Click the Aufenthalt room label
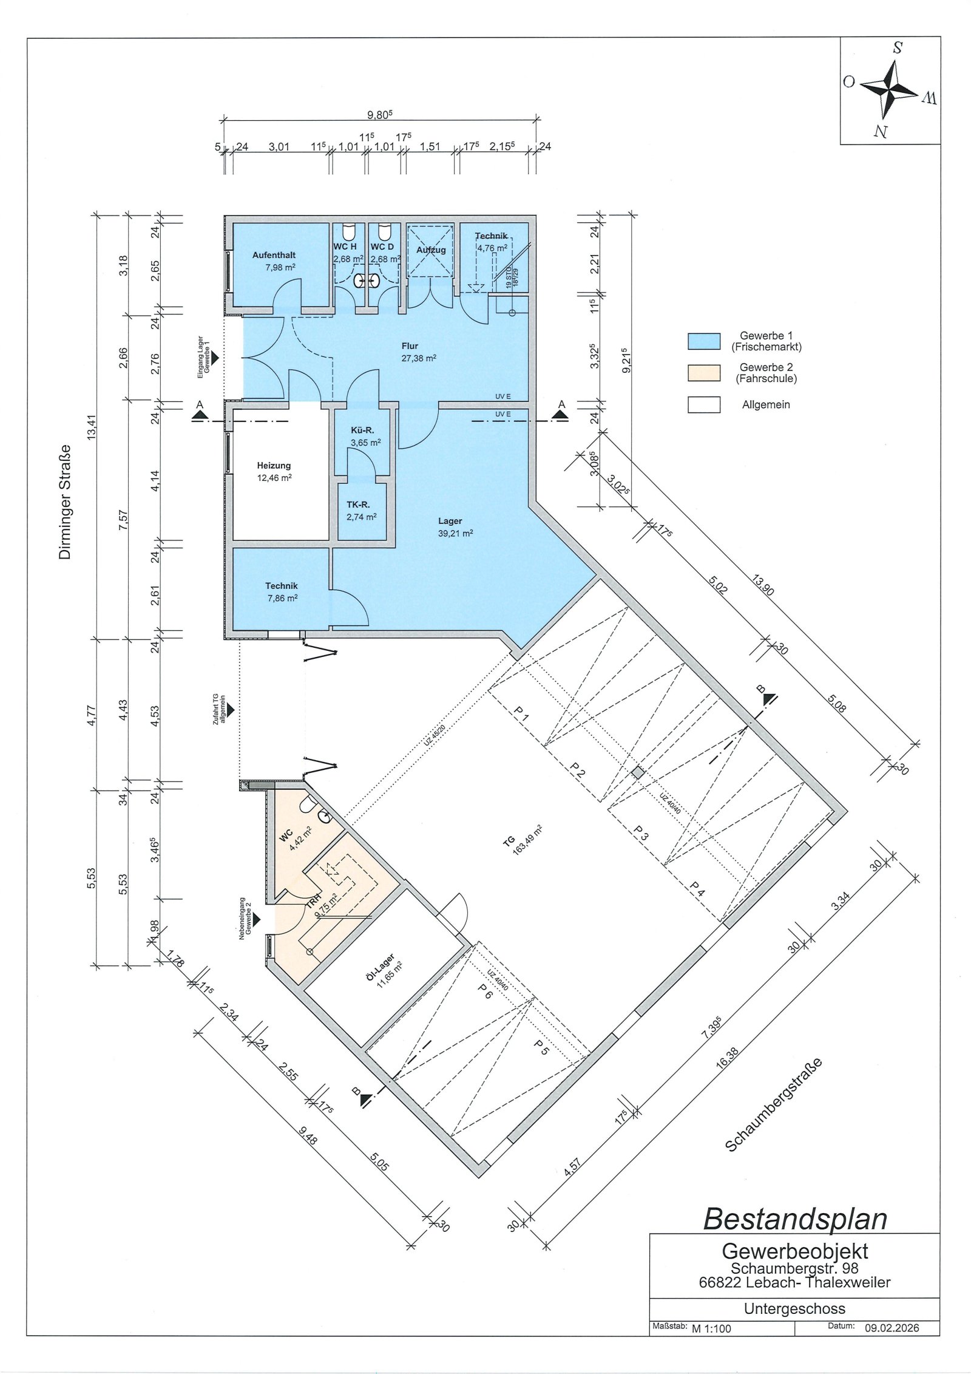274,256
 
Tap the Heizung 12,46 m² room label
274,472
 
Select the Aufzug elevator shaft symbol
431,251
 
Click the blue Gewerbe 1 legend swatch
704,341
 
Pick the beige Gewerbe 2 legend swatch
704,373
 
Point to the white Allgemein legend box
704,404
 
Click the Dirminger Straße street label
65,502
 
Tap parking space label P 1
521,713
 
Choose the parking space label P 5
541,1047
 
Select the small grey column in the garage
638,773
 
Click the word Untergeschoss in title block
794,1308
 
